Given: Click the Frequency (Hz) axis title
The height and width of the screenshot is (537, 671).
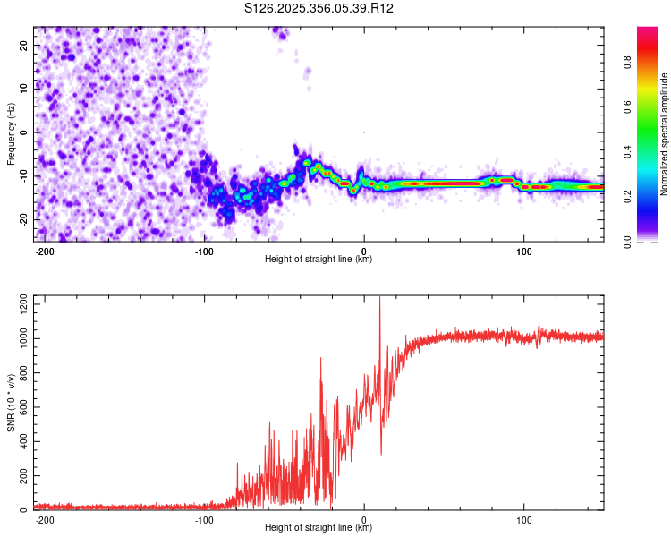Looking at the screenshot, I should [11, 132].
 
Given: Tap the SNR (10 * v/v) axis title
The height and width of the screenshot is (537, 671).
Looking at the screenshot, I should [11, 402].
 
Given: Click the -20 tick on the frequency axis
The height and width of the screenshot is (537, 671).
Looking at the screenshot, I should [21, 219].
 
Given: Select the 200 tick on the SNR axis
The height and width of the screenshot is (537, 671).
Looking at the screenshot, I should [22, 476].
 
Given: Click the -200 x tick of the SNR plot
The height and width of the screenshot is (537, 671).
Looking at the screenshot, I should [44, 519].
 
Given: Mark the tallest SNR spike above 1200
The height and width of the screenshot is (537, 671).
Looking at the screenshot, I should [380, 299].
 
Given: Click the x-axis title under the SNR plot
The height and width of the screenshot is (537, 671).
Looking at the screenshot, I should [319, 528].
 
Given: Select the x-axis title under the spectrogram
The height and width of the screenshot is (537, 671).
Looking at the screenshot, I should [319, 260].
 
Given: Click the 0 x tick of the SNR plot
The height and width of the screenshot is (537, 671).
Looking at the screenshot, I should [364, 519].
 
